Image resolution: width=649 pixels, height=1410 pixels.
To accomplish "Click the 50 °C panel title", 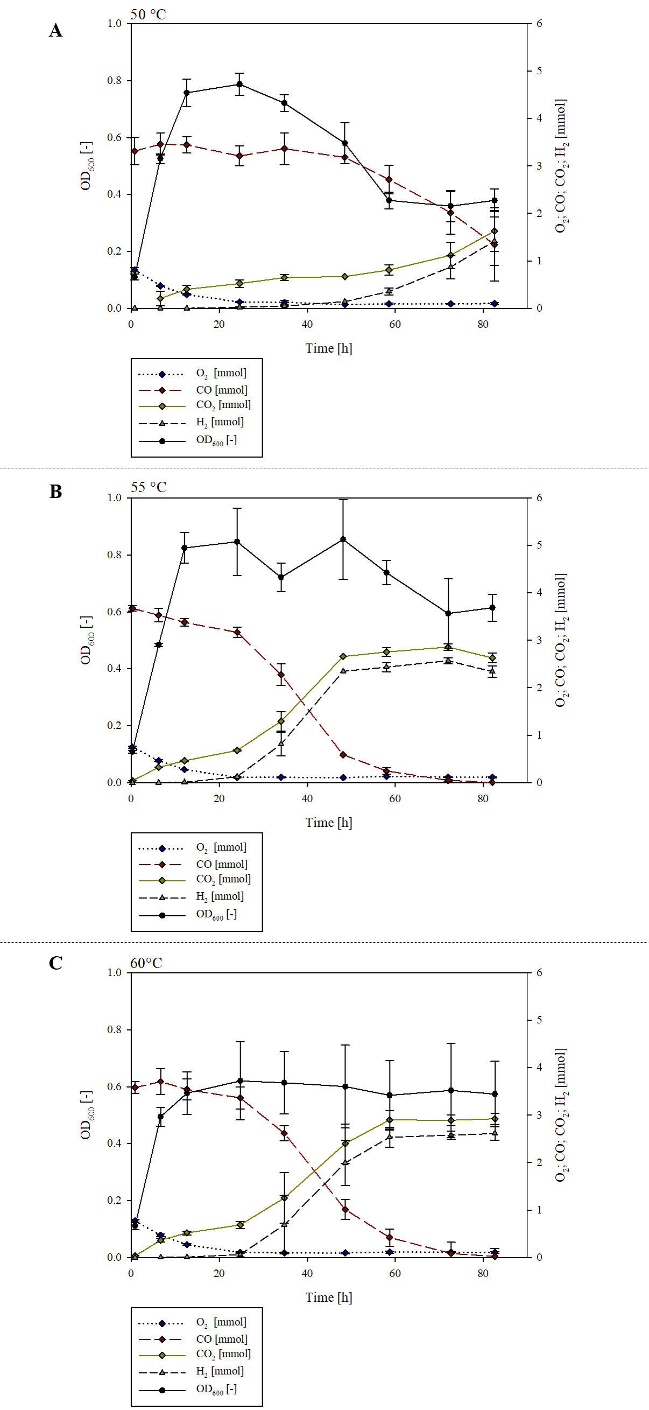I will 148,14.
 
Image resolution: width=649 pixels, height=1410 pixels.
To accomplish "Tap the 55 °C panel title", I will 148,487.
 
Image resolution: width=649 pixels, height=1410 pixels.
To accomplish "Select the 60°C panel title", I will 146,963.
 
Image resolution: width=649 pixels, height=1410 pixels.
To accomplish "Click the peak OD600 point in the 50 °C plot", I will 239,85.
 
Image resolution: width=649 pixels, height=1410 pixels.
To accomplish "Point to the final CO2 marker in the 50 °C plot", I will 495,232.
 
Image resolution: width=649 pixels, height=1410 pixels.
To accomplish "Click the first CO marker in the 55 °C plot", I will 132,608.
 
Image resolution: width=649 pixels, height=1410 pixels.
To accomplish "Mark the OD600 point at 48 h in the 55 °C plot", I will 343,539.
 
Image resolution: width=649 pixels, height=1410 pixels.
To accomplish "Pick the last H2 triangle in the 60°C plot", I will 495,1133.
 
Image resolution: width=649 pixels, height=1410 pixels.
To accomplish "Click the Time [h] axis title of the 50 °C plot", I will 328,348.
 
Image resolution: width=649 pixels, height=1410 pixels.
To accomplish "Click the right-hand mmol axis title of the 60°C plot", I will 561,1115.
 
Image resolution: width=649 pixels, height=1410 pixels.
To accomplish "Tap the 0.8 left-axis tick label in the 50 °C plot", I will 115,80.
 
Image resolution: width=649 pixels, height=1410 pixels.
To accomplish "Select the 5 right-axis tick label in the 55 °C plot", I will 539,545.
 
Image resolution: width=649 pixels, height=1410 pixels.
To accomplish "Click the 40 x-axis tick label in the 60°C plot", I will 307,1273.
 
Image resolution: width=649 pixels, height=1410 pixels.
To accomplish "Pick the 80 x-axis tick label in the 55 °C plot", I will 483,798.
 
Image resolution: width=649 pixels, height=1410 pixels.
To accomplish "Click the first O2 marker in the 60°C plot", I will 135,1221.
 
